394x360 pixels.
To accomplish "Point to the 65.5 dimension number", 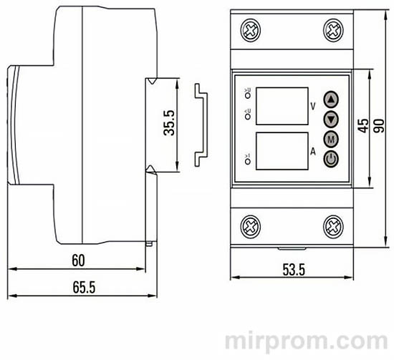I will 84,288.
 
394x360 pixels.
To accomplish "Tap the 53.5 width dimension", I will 292,270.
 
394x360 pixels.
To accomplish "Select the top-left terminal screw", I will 251,31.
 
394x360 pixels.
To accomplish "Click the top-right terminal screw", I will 333,31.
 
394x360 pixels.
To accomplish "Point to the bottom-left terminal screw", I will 251,225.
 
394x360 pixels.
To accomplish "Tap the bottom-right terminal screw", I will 333,225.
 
